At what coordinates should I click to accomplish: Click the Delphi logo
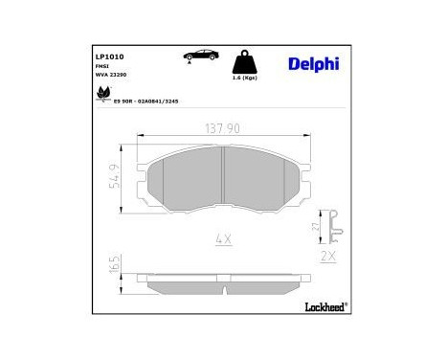point(312,64)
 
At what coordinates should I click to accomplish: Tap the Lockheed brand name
point(324,306)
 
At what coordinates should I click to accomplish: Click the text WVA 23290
point(109,74)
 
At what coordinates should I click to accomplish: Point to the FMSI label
point(101,66)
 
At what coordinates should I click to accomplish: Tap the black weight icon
point(244,63)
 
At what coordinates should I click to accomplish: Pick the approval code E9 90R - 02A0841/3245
point(146,99)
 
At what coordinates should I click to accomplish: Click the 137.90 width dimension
point(222,128)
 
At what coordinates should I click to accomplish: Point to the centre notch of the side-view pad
point(222,279)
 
